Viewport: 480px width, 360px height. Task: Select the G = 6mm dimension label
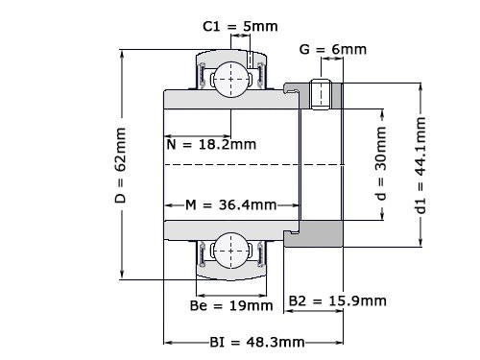tap(333, 49)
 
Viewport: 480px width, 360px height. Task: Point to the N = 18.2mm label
tap(211, 145)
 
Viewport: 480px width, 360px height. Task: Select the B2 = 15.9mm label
tap(338, 300)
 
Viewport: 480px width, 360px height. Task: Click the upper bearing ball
tap(231, 77)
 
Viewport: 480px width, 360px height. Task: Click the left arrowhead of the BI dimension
tap(167, 342)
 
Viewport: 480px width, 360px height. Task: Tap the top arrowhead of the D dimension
tap(122, 50)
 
